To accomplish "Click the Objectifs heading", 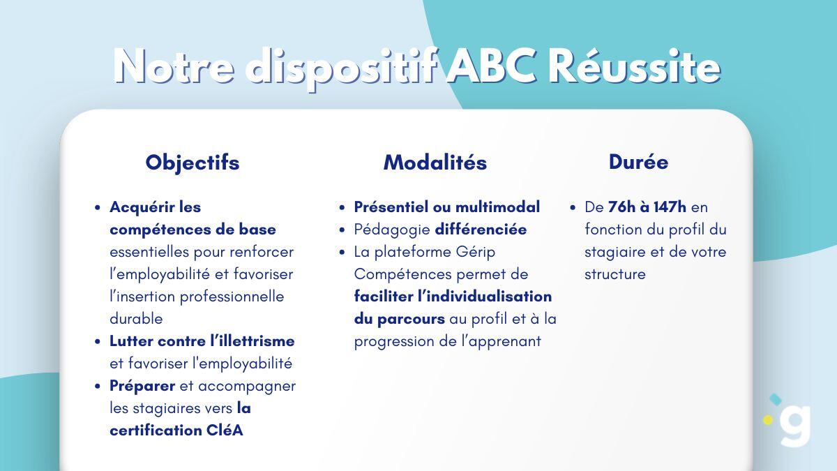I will pyautogui.click(x=192, y=163).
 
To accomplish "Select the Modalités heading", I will pyautogui.click(x=435, y=163).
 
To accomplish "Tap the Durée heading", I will pyautogui.click(x=638, y=162).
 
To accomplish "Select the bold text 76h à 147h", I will pyautogui.click(x=647, y=207).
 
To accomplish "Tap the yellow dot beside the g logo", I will pyautogui.click(x=769, y=420).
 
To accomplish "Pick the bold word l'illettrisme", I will pyautogui.click(x=252, y=341).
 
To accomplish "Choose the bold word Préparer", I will pyautogui.click(x=142, y=386).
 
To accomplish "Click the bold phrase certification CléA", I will pyautogui.click(x=176, y=431).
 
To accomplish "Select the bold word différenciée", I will pyautogui.click(x=481, y=230).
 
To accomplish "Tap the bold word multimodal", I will pyautogui.click(x=497, y=207).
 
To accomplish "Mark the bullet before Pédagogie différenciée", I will pyautogui.click(x=342, y=230).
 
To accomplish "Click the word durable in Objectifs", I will pyautogui.click(x=136, y=319).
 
